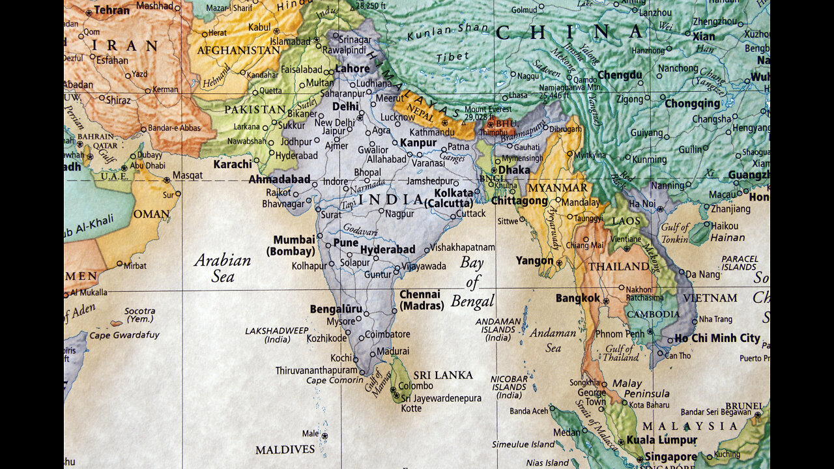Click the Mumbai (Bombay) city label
pos(294,246)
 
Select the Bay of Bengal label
pos(473,282)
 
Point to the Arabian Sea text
pos(222,268)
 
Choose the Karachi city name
pos(232,164)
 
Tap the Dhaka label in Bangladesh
pos(514,169)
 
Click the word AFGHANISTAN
pos(238,50)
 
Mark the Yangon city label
pos(534,261)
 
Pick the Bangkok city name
pos(577,298)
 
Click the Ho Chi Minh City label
pos(717,338)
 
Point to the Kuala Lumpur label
pos(661,440)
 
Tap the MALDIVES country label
pos(285,450)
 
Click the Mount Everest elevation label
pos(489,113)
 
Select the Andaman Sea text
pos(553,340)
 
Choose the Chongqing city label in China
pos(692,104)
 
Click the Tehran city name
pos(111,10)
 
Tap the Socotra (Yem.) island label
pos(139,315)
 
